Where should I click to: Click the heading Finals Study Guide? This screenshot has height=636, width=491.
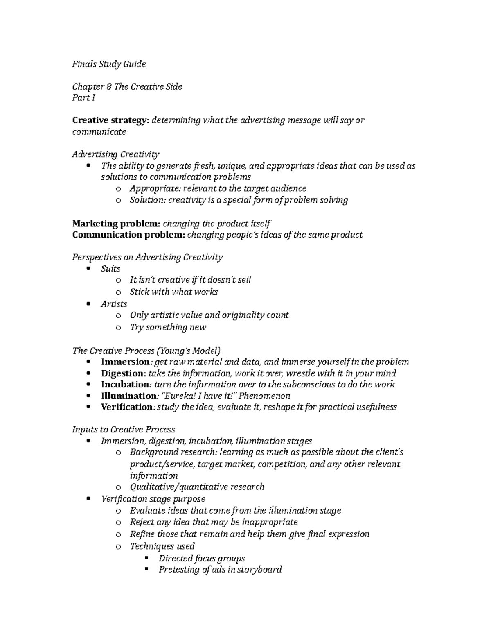tap(109, 64)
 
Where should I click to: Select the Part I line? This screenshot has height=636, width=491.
tap(83, 98)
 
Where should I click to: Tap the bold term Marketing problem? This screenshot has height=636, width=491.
tap(116, 224)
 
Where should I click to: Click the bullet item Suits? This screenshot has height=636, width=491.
tap(110, 269)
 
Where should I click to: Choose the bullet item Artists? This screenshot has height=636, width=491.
tap(114, 304)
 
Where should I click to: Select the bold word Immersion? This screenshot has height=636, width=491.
tap(125, 362)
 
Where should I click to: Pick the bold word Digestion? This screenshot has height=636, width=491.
tap(123, 373)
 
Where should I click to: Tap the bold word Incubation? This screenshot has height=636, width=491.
tap(124, 385)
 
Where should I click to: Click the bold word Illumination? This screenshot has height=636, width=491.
tap(128, 396)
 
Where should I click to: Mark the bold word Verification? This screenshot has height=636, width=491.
tap(126, 407)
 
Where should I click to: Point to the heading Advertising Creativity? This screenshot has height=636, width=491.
tap(115, 154)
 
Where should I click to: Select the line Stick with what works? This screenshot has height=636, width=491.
tap(173, 292)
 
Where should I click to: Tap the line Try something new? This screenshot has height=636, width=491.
tap(168, 327)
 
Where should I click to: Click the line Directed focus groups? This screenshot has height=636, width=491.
tap(202, 558)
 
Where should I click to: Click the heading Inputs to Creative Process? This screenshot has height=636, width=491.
tap(124, 430)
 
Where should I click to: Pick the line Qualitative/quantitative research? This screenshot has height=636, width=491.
tap(197, 487)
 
